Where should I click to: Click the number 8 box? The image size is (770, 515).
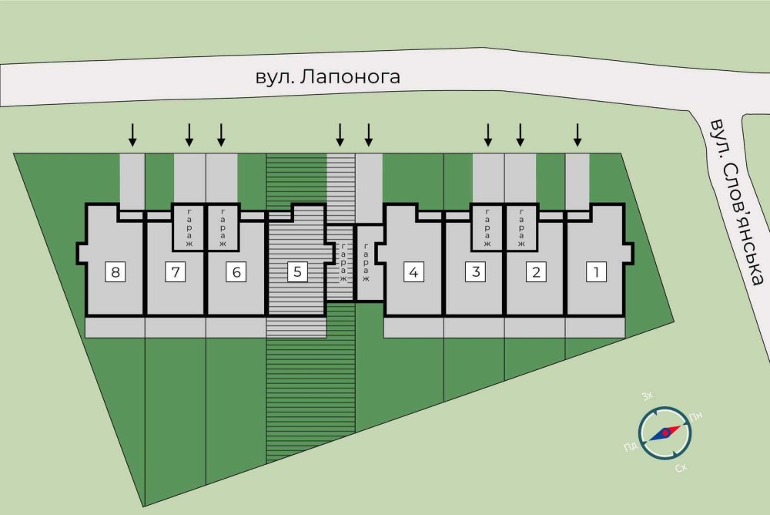[x=115, y=271]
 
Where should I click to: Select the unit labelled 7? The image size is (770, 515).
[x=176, y=271]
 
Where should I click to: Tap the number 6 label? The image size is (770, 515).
[x=236, y=271]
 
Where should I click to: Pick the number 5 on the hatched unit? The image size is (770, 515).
[x=297, y=271]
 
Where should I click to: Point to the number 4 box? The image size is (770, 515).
[x=414, y=271]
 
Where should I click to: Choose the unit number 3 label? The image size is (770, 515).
[x=477, y=271]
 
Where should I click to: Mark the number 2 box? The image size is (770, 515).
[x=536, y=271]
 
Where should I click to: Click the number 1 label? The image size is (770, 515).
[x=595, y=271]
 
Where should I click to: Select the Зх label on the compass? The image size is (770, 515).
[x=648, y=396]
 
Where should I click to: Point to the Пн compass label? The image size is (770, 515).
[x=698, y=417]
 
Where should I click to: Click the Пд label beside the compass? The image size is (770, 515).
[x=629, y=446]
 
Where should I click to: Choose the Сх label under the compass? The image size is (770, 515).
[x=681, y=468]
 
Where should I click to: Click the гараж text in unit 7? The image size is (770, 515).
[x=189, y=228]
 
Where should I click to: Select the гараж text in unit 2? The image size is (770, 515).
[x=520, y=228]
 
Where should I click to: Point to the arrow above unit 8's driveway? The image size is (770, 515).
[x=132, y=135]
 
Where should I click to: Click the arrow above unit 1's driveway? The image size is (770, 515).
[x=577, y=135]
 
